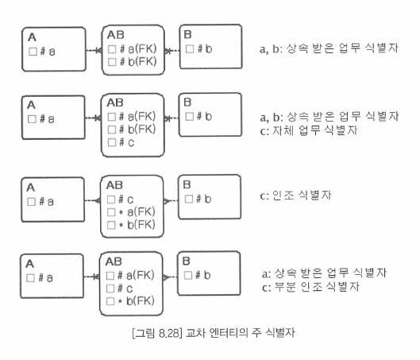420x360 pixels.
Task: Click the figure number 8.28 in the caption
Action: click(168, 333)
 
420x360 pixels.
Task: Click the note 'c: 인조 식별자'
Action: click(295, 195)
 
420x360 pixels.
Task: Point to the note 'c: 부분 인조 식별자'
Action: click(310, 287)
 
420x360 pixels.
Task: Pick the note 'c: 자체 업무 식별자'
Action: click(309, 130)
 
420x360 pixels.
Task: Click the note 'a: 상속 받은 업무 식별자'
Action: click(324, 273)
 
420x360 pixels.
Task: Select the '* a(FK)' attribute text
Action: click(137, 212)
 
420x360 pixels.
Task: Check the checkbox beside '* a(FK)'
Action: click(111, 212)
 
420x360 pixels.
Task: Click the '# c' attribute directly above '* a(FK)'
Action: click(125, 199)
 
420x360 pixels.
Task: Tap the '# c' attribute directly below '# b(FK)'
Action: click(126, 142)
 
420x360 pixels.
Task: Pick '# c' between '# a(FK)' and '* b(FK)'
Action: click(125, 288)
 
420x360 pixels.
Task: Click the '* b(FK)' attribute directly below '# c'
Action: click(137, 301)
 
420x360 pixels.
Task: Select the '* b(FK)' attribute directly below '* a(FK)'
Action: click(137, 225)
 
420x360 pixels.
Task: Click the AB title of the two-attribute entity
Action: click(116, 35)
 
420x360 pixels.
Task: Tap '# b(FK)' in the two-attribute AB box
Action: click(138, 62)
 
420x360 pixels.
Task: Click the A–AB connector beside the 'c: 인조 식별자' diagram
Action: click(93, 200)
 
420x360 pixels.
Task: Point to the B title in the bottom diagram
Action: click(186, 261)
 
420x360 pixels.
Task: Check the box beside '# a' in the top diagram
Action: click(33, 52)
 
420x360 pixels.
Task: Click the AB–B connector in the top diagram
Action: click(171, 50)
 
